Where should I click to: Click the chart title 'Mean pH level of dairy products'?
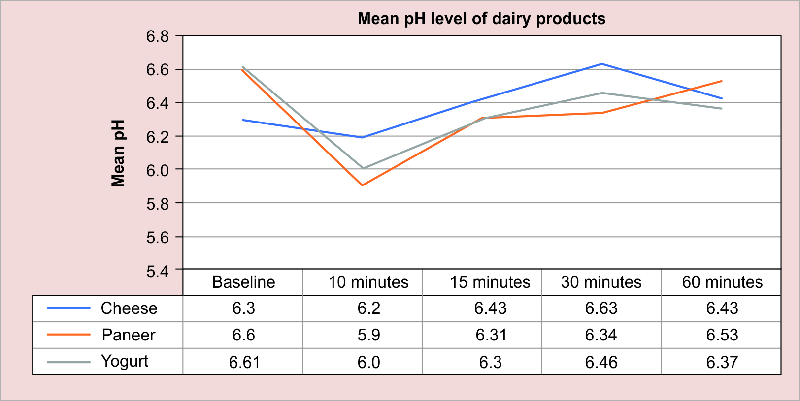[x=481, y=19]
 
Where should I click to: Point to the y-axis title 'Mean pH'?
[x=118, y=153]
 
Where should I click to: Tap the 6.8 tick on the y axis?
[x=157, y=36]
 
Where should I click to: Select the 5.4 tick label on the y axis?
[x=157, y=271]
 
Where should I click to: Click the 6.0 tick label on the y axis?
[x=157, y=170]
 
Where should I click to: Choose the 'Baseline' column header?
[x=243, y=282]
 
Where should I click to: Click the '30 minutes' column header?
[x=601, y=282]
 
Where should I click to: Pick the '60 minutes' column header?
[x=722, y=282]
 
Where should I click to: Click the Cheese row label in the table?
[x=129, y=308]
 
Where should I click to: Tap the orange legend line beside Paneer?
[x=69, y=335]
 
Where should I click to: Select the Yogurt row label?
[x=124, y=361]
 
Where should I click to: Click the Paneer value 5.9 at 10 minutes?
[x=368, y=335]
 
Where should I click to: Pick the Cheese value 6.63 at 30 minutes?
[x=601, y=308]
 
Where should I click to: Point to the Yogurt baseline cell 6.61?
[x=244, y=362]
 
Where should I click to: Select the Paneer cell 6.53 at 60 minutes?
[x=722, y=335]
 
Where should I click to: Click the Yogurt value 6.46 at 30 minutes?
[x=601, y=362]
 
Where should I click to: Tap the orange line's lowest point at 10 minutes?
[x=363, y=185]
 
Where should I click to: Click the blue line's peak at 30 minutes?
[x=602, y=64]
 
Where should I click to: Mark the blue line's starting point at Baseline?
[x=243, y=120]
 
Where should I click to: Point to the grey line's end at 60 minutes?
[x=722, y=108]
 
